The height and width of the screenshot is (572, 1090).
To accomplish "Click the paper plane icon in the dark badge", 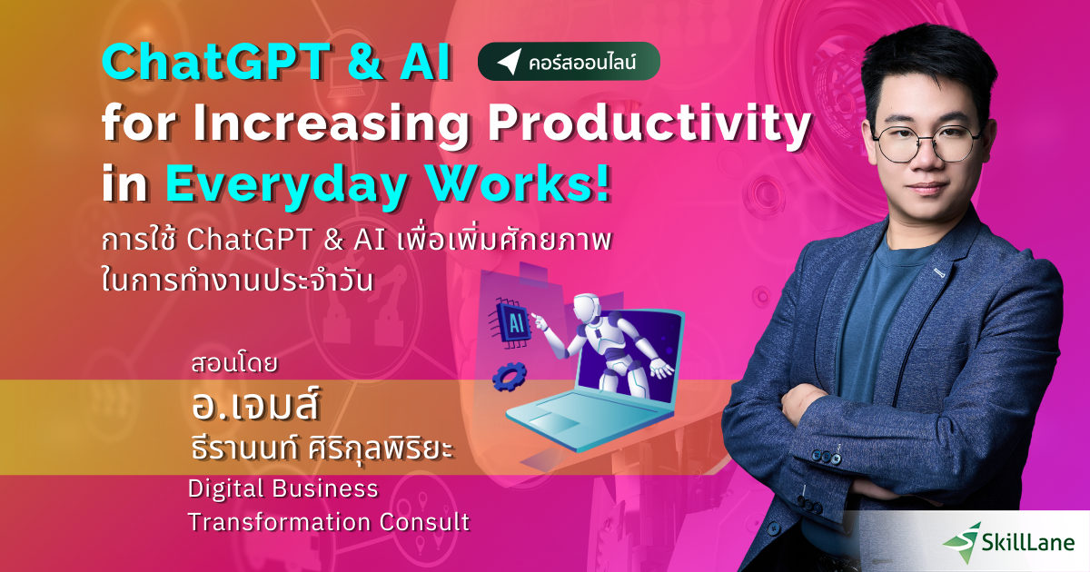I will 509,63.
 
